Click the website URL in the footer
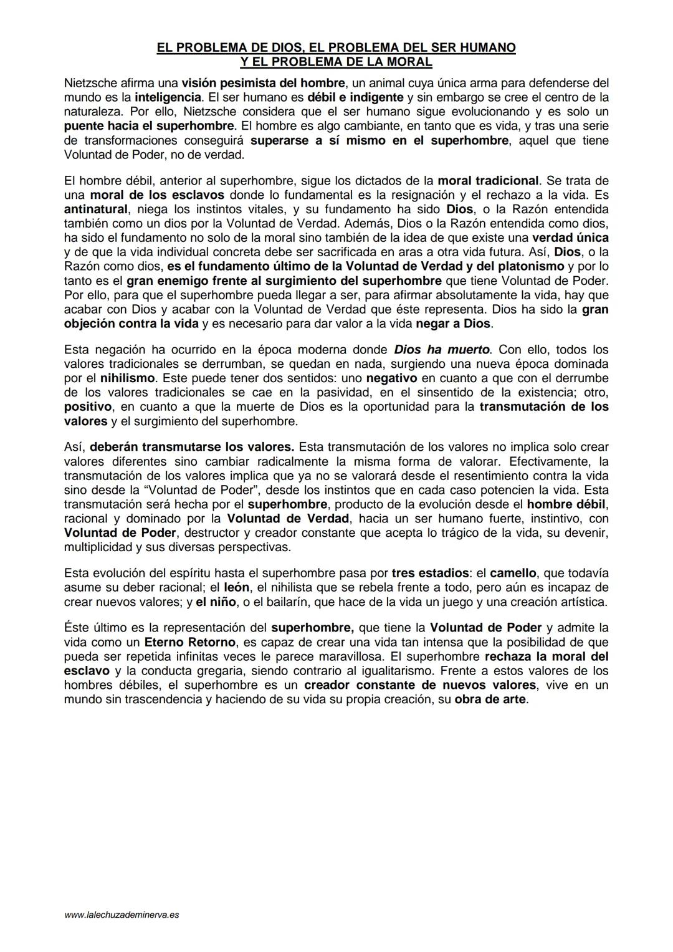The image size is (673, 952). coord(122,915)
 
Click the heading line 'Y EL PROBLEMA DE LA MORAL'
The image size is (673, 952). coord(336,62)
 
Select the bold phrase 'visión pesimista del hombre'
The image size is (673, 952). coord(263,83)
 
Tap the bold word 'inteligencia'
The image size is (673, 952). coord(168,97)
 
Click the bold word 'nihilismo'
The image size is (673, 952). coord(128,378)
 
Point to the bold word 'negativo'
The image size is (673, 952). coord(391,378)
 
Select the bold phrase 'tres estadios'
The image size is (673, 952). coord(430,573)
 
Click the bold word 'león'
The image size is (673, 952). coord(237,587)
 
